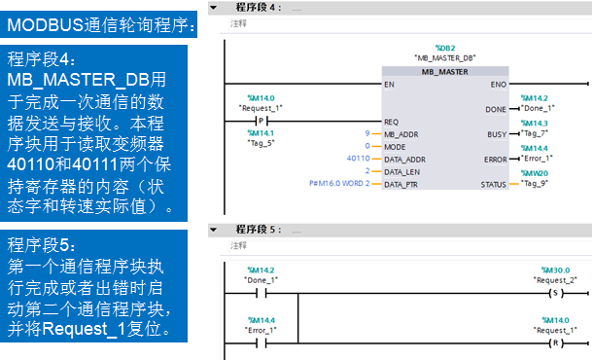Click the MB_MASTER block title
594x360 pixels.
coord(444,71)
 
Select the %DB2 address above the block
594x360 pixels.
coord(444,48)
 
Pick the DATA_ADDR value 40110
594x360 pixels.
coord(358,158)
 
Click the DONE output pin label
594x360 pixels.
coord(496,109)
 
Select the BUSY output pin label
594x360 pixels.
coord(496,133)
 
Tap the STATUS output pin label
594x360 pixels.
coord(492,183)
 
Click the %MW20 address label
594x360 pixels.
coord(535,172)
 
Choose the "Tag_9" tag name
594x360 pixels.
coord(535,183)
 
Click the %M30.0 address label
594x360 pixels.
coord(555,270)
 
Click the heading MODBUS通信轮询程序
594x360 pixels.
coord(101,23)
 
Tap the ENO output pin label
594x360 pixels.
coord(497,85)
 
